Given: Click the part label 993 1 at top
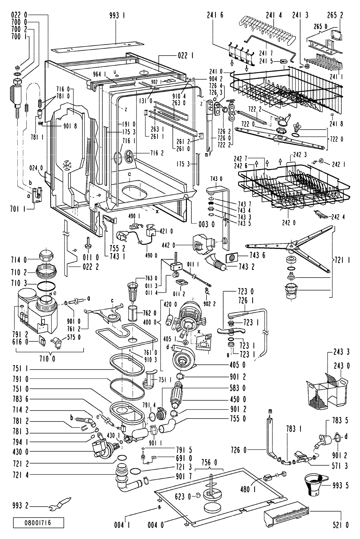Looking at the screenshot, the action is pos(117,16).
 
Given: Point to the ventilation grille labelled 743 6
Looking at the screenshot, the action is pos(232,258).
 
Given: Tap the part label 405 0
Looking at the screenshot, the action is pos(238,365).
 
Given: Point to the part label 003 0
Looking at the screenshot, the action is pos(207,224).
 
